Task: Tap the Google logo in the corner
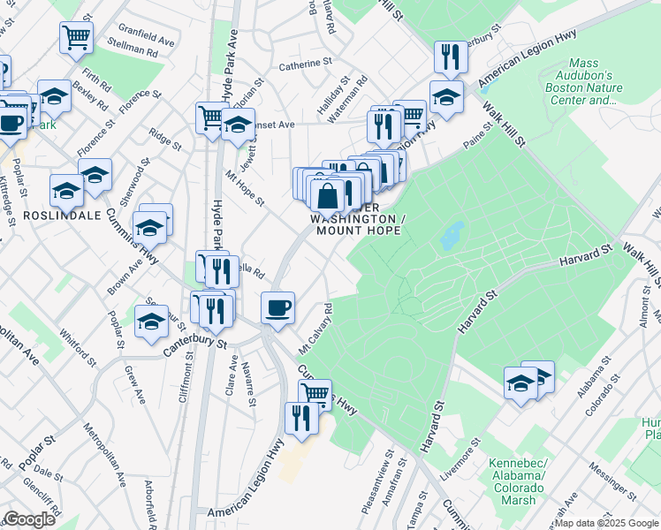pos(29,519)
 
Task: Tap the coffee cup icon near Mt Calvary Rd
pos(278,308)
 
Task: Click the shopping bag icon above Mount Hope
pos(327,194)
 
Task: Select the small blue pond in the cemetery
pos(452,235)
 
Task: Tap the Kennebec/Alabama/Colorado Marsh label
pos(519,482)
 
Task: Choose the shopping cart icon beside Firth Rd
pos(77,37)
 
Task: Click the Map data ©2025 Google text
pos(605,523)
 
